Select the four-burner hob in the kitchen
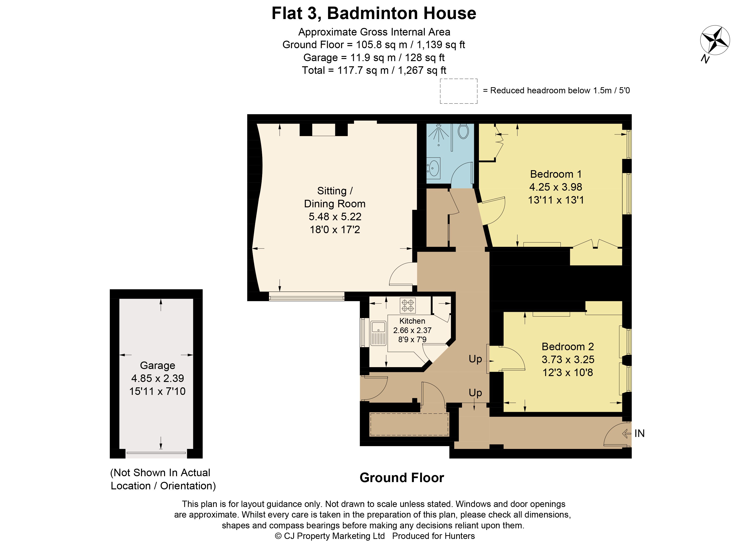407,305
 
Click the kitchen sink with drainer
378,333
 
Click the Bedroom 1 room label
556,174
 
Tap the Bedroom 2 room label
568,346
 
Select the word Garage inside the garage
158,365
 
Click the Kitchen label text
412,321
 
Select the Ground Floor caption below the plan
402,478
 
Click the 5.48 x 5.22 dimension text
335,216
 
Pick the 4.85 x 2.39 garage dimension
158,378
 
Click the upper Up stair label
475,359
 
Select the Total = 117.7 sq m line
374,71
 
